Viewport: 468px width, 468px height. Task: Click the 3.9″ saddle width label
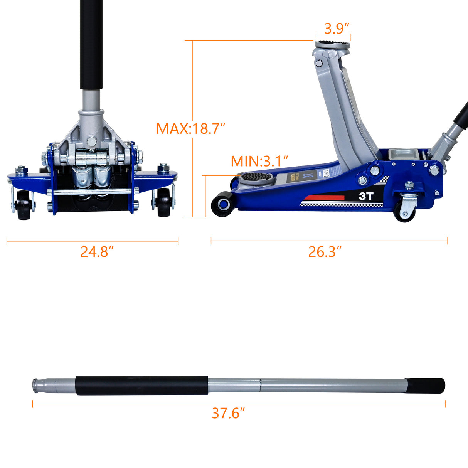tap(337, 29)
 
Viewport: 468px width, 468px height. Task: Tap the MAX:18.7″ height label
tap(190, 128)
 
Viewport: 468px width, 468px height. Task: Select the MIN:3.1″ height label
tap(259, 161)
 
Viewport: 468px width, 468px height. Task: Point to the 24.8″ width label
tap(97, 252)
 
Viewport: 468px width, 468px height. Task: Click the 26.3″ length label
tap(325, 252)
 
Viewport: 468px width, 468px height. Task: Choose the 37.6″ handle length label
tap(228, 413)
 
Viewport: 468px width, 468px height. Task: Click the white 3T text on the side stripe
tap(366, 196)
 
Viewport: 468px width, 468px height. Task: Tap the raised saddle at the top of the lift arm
tap(332, 44)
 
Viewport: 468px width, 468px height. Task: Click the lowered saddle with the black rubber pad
tap(256, 178)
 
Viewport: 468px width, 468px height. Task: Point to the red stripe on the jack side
tap(324, 198)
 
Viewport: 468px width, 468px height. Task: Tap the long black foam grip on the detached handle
tap(141, 386)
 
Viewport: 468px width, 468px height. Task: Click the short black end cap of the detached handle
tap(427, 386)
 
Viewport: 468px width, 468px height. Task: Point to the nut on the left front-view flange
tap(21, 170)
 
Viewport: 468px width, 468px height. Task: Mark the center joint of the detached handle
tap(260, 385)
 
